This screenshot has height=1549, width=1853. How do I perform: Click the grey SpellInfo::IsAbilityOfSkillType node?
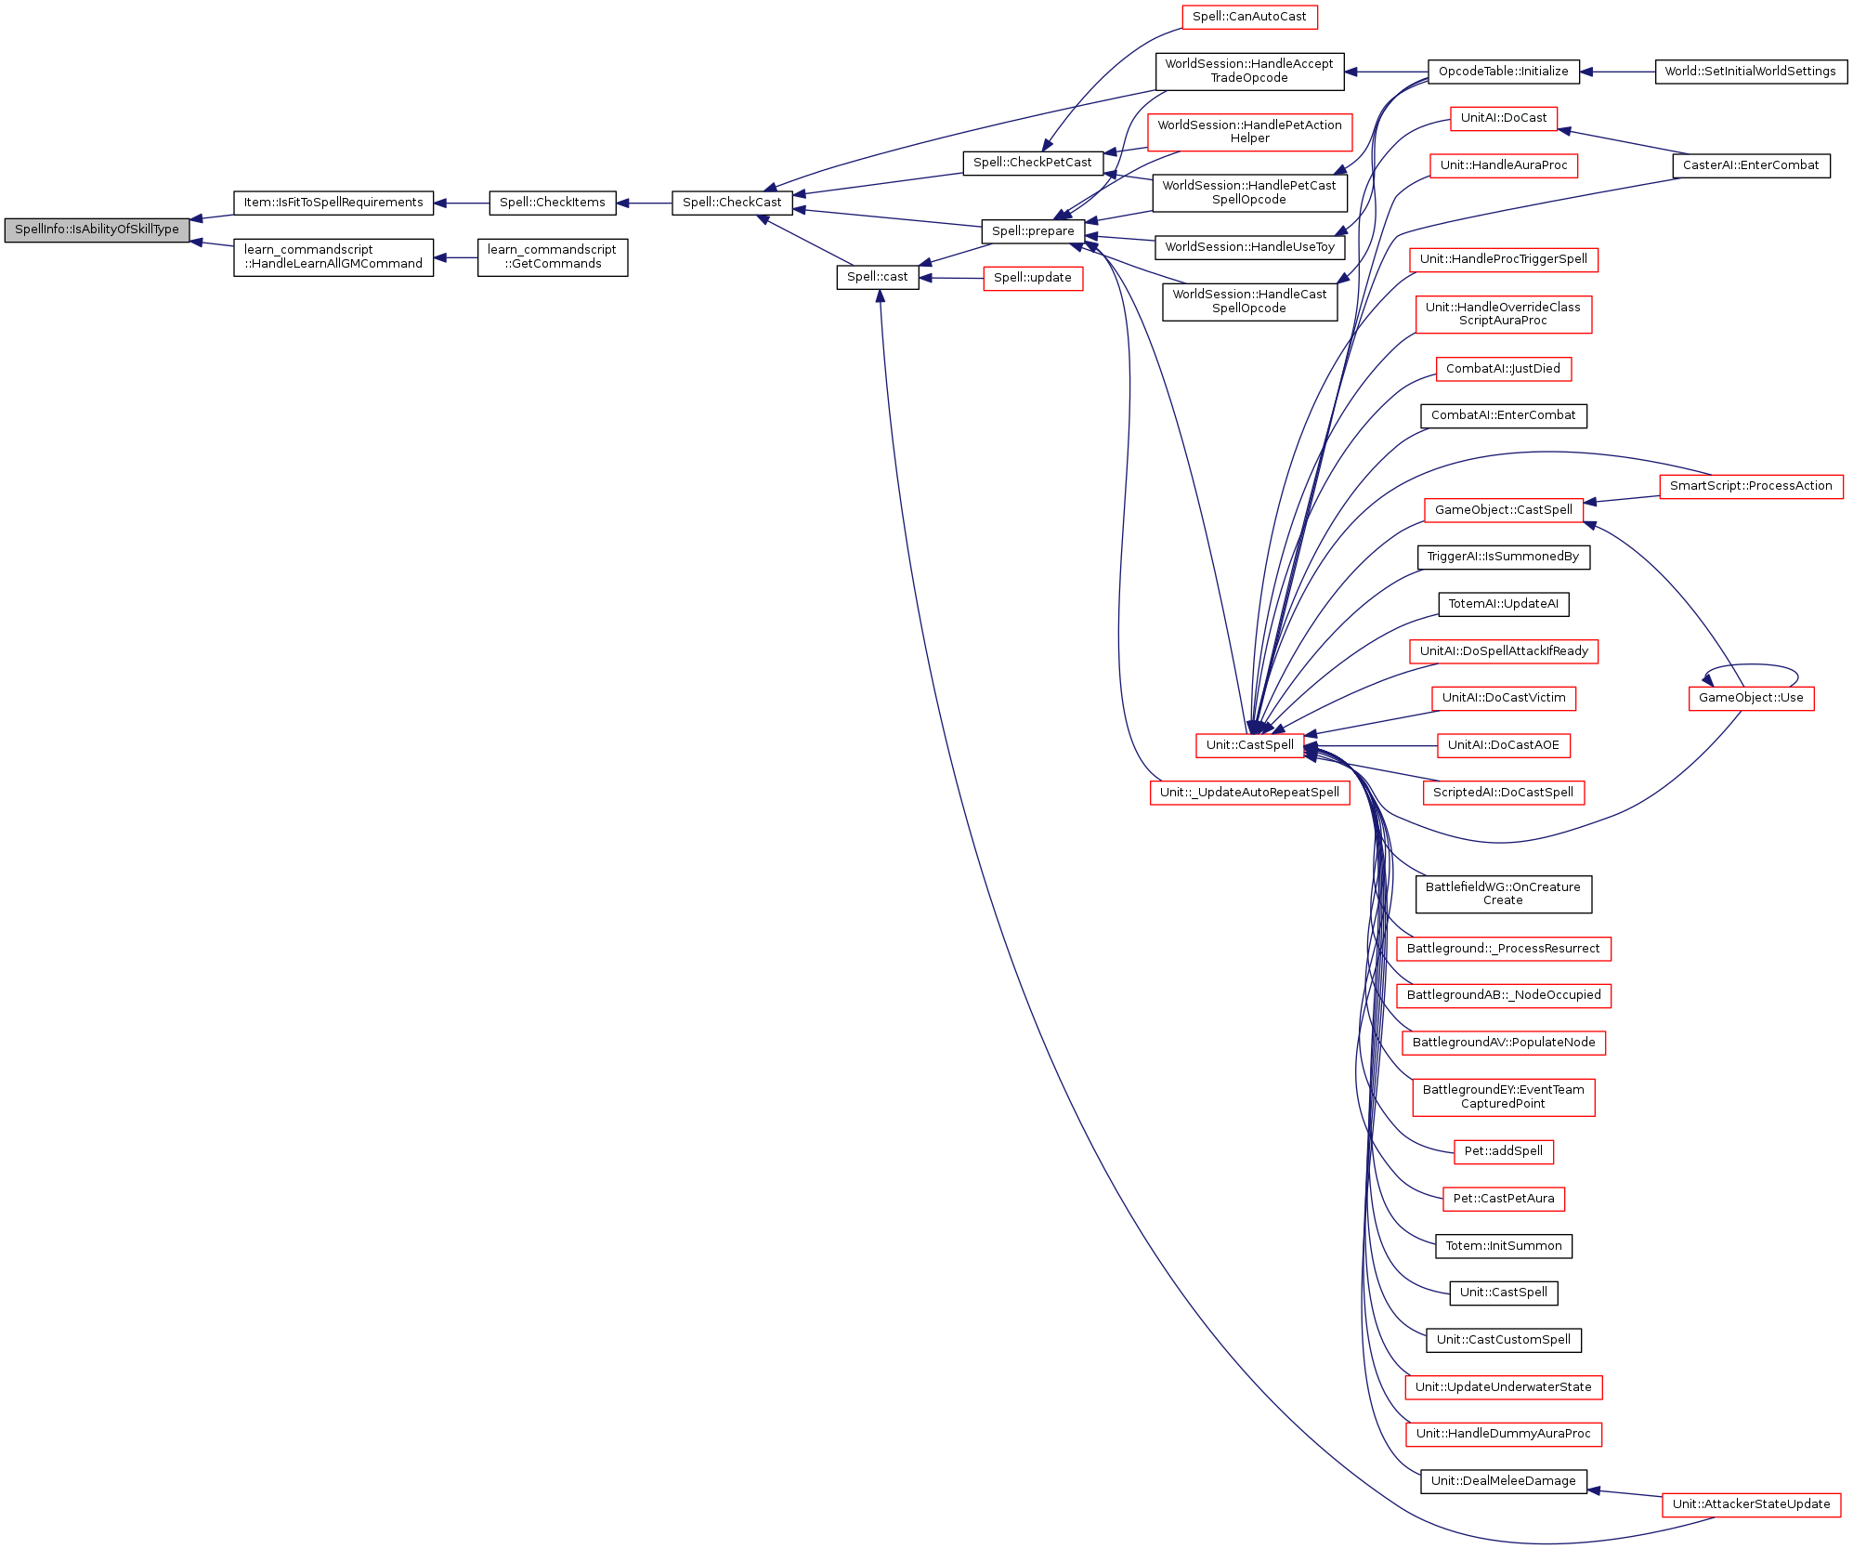coord(97,230)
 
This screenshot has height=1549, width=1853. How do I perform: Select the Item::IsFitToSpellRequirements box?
coord(333,203)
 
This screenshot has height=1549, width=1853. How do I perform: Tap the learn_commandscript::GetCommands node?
coord(552,257)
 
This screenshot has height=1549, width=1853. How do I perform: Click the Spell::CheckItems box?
coord(552,203)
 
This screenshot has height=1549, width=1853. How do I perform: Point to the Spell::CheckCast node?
coord(731,203)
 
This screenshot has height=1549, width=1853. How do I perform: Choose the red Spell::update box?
coord(1032,278)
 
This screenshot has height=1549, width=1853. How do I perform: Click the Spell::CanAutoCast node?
coord(1248,17)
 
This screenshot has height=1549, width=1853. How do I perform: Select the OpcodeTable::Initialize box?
coord(1503,72)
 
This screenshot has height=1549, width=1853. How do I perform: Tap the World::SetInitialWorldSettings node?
coord(1750,72)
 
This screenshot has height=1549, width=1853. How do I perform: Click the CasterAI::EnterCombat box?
coord(1750,165)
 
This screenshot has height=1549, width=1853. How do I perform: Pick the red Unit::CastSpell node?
coord(1249,745)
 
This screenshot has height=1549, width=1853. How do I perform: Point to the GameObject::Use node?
coord(1750,698)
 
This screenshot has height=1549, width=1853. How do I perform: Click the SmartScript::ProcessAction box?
coord(1750,486)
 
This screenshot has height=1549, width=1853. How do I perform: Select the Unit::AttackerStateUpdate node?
coord(1750,1504)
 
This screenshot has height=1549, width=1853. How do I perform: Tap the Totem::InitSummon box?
coord(1503,1246)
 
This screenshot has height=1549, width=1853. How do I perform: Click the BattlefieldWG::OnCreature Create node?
coord(1503,894)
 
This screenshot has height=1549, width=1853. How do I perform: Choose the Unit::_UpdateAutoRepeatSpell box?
coord(1249,793)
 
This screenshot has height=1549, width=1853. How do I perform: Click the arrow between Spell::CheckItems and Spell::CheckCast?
coord(644,203)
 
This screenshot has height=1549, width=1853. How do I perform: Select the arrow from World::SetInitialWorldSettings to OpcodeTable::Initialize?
coord(1617,72)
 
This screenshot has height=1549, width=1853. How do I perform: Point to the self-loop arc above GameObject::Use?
coord(1751,665)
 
